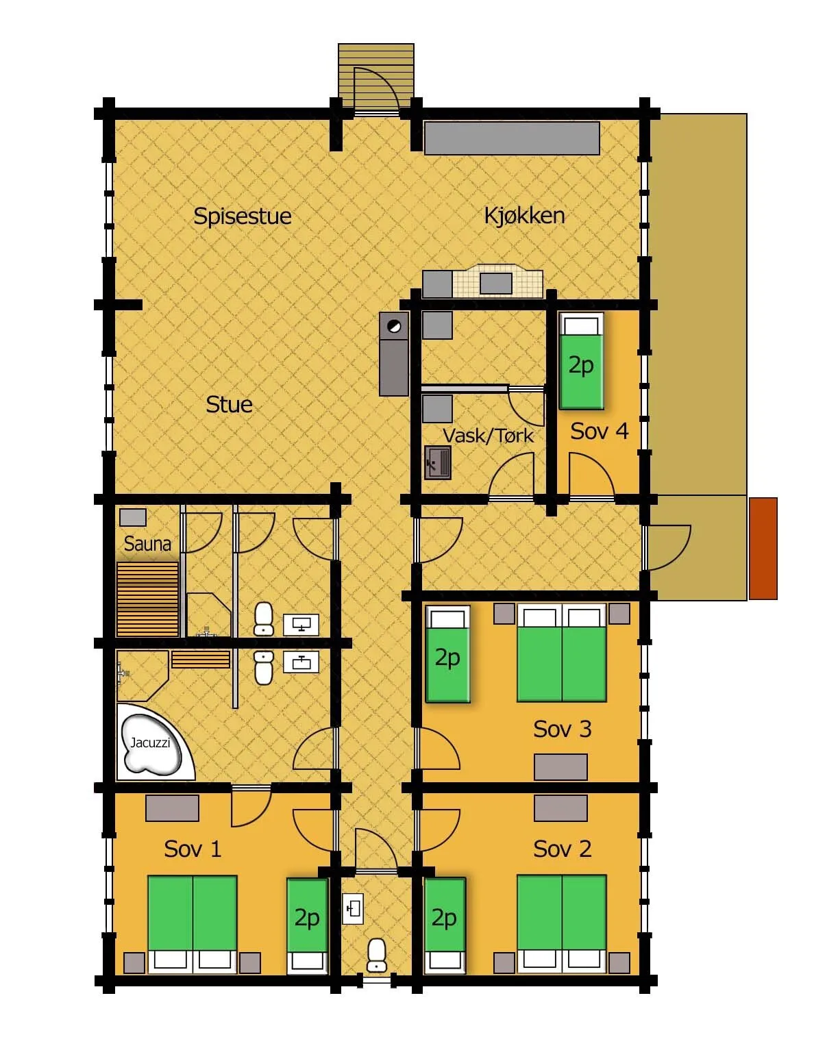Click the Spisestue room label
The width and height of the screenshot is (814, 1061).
click(x=242, y=216)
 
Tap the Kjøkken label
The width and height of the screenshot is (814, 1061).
click(x=524, y=215)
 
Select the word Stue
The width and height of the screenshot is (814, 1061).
click(x=229, y=404)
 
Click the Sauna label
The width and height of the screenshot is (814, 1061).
click(x=147, y=543)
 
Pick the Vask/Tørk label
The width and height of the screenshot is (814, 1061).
click(x=488, y=435)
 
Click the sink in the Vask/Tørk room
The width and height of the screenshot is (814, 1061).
click(x=438, y=462)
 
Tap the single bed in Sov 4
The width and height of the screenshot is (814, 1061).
click(x=581, y=361)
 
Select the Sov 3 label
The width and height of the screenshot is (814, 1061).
click(x=562, y=729)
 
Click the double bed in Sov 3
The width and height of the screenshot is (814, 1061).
click(x=562, y=652)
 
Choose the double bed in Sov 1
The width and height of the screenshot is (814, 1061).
click(x=193, y=924)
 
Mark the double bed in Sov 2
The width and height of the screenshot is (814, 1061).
click(x=562, y=924)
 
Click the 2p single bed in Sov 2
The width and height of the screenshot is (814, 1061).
click(x=445, y=925)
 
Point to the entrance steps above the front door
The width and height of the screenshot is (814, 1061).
click(x=376, y=75)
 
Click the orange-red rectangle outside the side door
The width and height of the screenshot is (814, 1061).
click(x=763, y=549)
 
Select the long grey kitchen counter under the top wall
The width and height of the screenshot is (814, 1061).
click(x=512, y=138)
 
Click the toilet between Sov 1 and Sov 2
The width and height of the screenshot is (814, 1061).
click(x=376, y=956)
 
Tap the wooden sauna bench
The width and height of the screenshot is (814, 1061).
click(x=147, y=599)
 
